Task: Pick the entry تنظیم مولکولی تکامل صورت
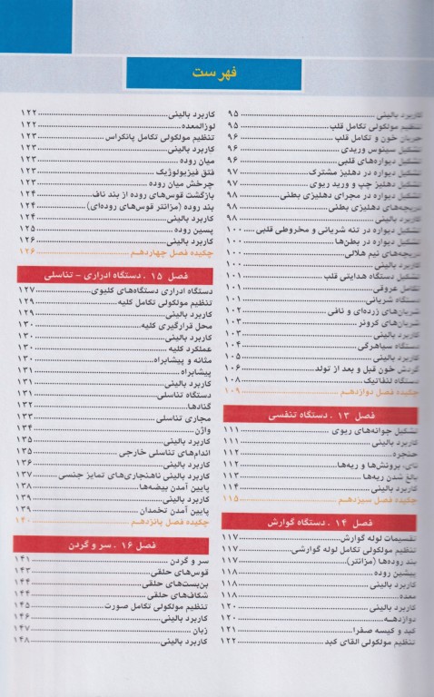[160, 604]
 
